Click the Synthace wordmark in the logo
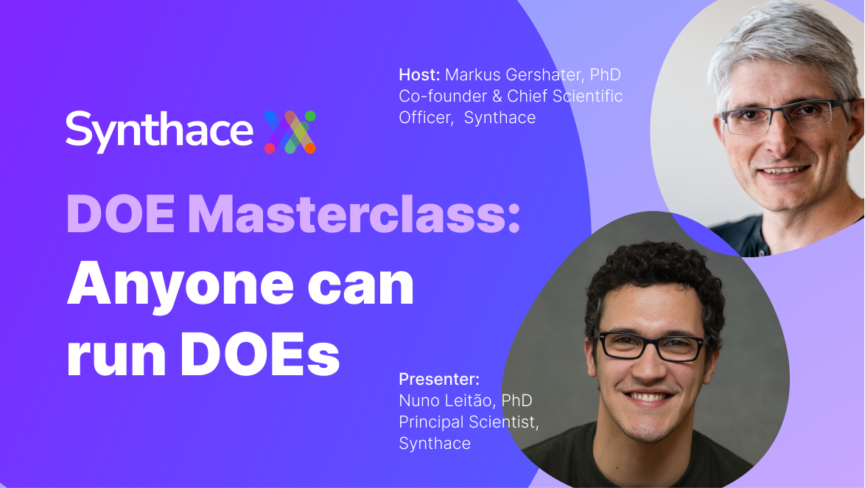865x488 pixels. point(159,131)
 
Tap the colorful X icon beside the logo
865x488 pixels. point(290,132)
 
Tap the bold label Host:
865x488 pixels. point(419,74)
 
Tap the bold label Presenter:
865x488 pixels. point(439,379)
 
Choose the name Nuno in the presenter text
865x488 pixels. point(419,401)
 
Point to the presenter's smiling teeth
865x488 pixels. point(648,397)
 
